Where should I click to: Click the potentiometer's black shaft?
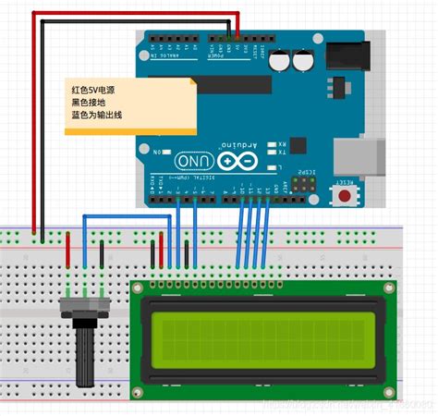click(x=84, y=356)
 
